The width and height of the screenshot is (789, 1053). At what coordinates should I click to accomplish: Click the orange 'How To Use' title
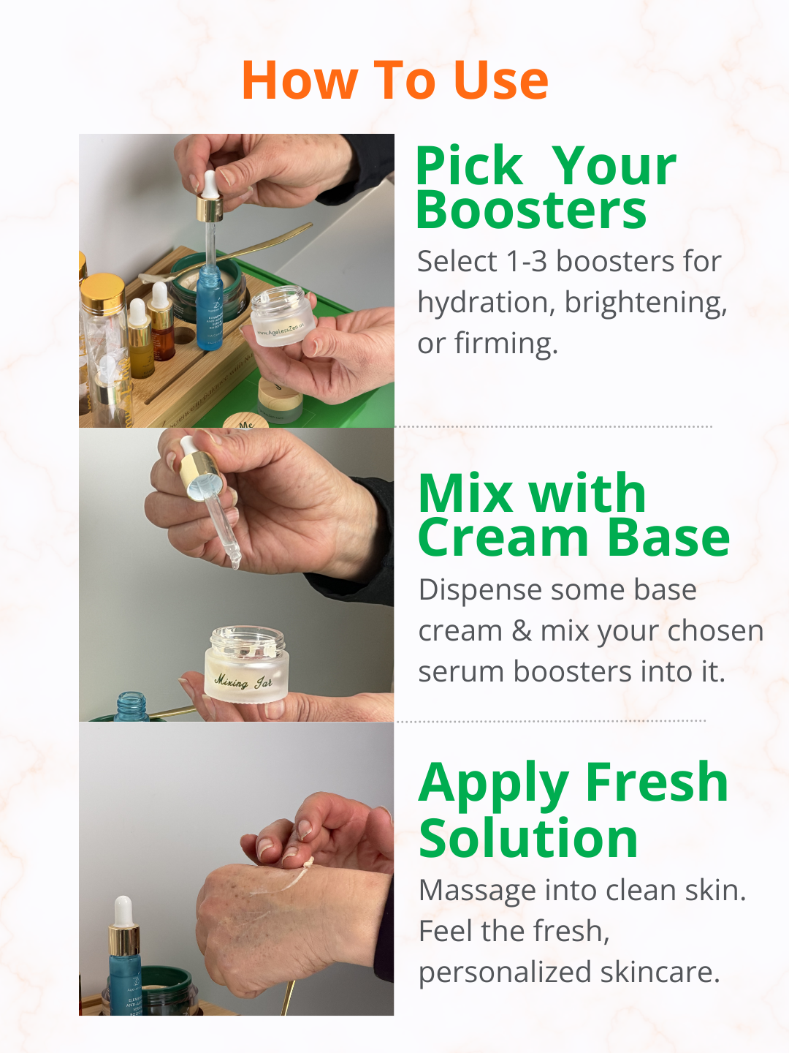pos(394,80)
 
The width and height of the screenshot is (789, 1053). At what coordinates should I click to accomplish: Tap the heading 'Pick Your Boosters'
pos(544,188)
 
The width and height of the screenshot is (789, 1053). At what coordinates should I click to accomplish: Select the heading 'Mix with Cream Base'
pos(573,516)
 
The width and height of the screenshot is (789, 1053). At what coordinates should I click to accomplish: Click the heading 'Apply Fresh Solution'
pos(573,809)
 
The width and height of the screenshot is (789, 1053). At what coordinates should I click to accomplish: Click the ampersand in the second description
pos(522,631)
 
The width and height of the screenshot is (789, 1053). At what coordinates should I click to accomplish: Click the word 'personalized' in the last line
pos(505,973)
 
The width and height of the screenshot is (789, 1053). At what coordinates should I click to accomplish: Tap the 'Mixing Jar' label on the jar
pos(243,682)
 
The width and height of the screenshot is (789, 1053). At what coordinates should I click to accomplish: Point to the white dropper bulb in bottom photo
pos(123,910)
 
